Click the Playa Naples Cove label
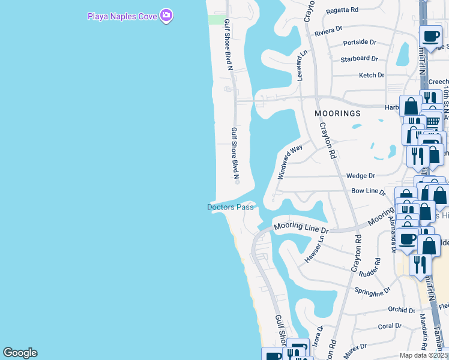coord(122,15)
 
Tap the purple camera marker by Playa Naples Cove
coord(166,16)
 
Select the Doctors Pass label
coord(231,207)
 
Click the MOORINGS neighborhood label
coord(338,113)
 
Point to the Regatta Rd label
coord(342,10)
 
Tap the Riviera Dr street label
coord(328,29)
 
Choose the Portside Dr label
coord(359,43)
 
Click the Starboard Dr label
coord(359,59)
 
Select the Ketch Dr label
coord(371,75)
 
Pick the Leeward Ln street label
coord(301,65)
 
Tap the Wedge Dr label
coord(360,176)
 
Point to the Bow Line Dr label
coord(368,191)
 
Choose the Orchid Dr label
coord(402,310)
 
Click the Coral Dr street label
coord(390,326)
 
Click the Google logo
coord(20,353)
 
